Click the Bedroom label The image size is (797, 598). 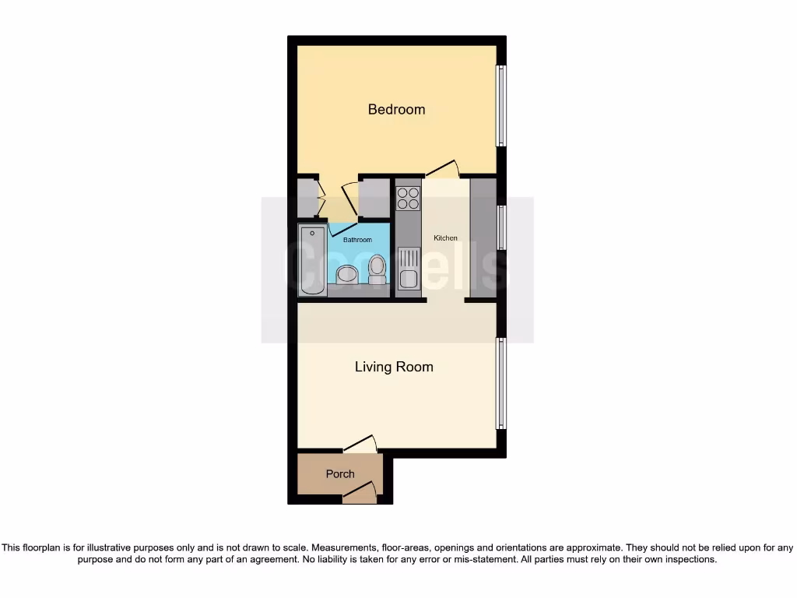[396, 110]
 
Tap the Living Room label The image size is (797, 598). [394, 367]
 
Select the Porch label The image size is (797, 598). [340, 473]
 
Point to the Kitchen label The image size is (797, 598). [446, 238]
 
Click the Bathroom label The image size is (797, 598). [358, 240]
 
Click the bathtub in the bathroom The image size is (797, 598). [313, 259]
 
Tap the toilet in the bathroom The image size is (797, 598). [377, 269]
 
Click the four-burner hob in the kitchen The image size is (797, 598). [408, 199]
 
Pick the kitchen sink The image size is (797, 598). [408, 269]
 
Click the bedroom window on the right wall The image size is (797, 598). [502, 105]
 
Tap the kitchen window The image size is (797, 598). [502, 227]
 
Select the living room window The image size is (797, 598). [502, 385]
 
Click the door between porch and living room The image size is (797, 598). [361, 444]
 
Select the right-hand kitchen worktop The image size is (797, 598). [483, 237]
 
